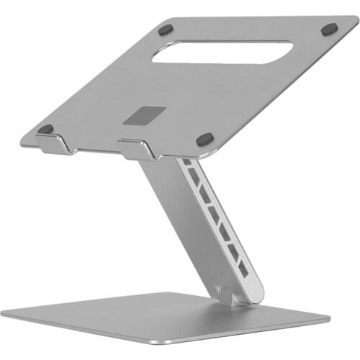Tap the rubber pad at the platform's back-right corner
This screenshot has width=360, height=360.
[329, 30]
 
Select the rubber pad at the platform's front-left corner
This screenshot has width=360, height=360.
[45, 130]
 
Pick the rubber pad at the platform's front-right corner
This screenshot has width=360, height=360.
[204, 138]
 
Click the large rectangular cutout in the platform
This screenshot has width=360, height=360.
[222, 52]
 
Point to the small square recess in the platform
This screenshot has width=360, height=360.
[144, 115]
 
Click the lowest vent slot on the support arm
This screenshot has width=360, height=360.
[243, 271]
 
